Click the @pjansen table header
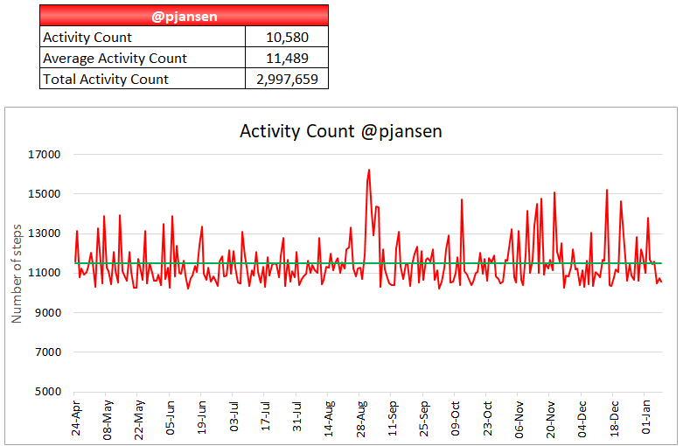(x=184, y=16)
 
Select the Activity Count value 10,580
(x=287, y=38)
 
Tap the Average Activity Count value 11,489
(x=287, y=59)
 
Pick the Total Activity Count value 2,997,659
(x=287, y=80)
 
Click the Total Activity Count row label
(x=106, y=80)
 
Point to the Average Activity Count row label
(x=115, y=59)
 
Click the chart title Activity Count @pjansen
(x=341, y=132)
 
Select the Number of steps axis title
(x=17, y=273)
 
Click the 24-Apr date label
(x=77, y=418)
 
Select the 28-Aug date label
(x=361, y=418)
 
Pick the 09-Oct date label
(x=456, y=418)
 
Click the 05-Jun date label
(x=171, y=418)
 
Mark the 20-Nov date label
(x=551, y=418)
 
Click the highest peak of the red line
(x=369, y=170)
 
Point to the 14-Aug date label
(x=330, y=418)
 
